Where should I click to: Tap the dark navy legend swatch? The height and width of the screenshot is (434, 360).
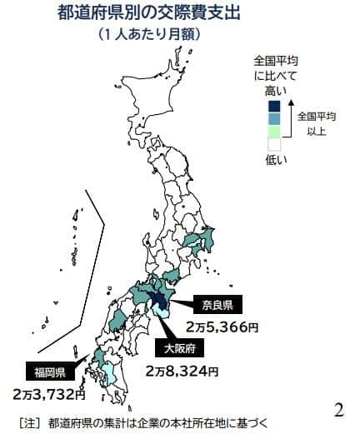coord(274,106)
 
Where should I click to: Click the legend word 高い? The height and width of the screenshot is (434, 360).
coord(275,91)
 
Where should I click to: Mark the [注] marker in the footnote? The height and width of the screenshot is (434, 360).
coord(31,422)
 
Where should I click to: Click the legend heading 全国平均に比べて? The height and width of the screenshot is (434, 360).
coord(276,67)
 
